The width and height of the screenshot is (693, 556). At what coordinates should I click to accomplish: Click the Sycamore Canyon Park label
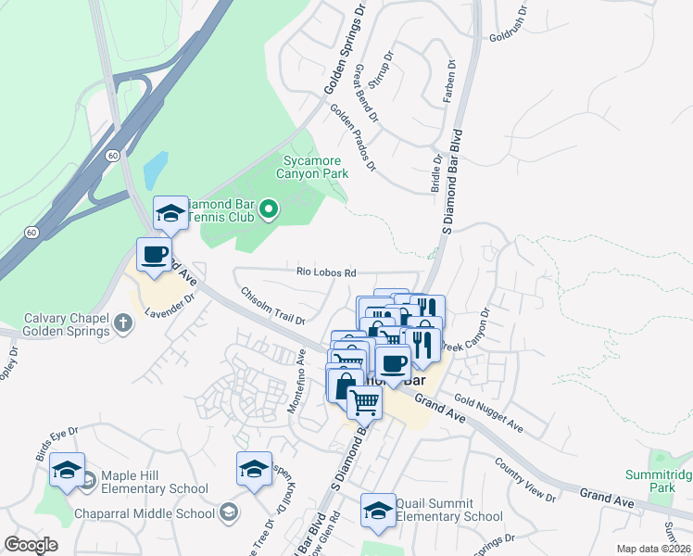[x=314, y=166]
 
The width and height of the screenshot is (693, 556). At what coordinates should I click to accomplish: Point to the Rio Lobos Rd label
[x=326, y=272]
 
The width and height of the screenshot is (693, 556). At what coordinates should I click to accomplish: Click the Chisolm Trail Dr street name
[x=273, y=306]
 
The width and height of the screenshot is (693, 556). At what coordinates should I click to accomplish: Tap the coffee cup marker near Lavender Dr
[x=154, y=255]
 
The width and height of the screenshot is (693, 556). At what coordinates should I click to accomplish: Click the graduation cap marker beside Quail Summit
[x=378, y=510]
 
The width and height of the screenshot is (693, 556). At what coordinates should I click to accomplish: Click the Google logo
[x=31, y=544]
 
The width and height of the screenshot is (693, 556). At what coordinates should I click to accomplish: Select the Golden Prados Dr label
[x=353, y=138]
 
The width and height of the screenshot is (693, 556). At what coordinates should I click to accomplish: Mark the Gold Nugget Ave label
[x=488, y=415]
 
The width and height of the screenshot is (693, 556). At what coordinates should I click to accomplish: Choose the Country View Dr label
[x=524, y=479]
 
